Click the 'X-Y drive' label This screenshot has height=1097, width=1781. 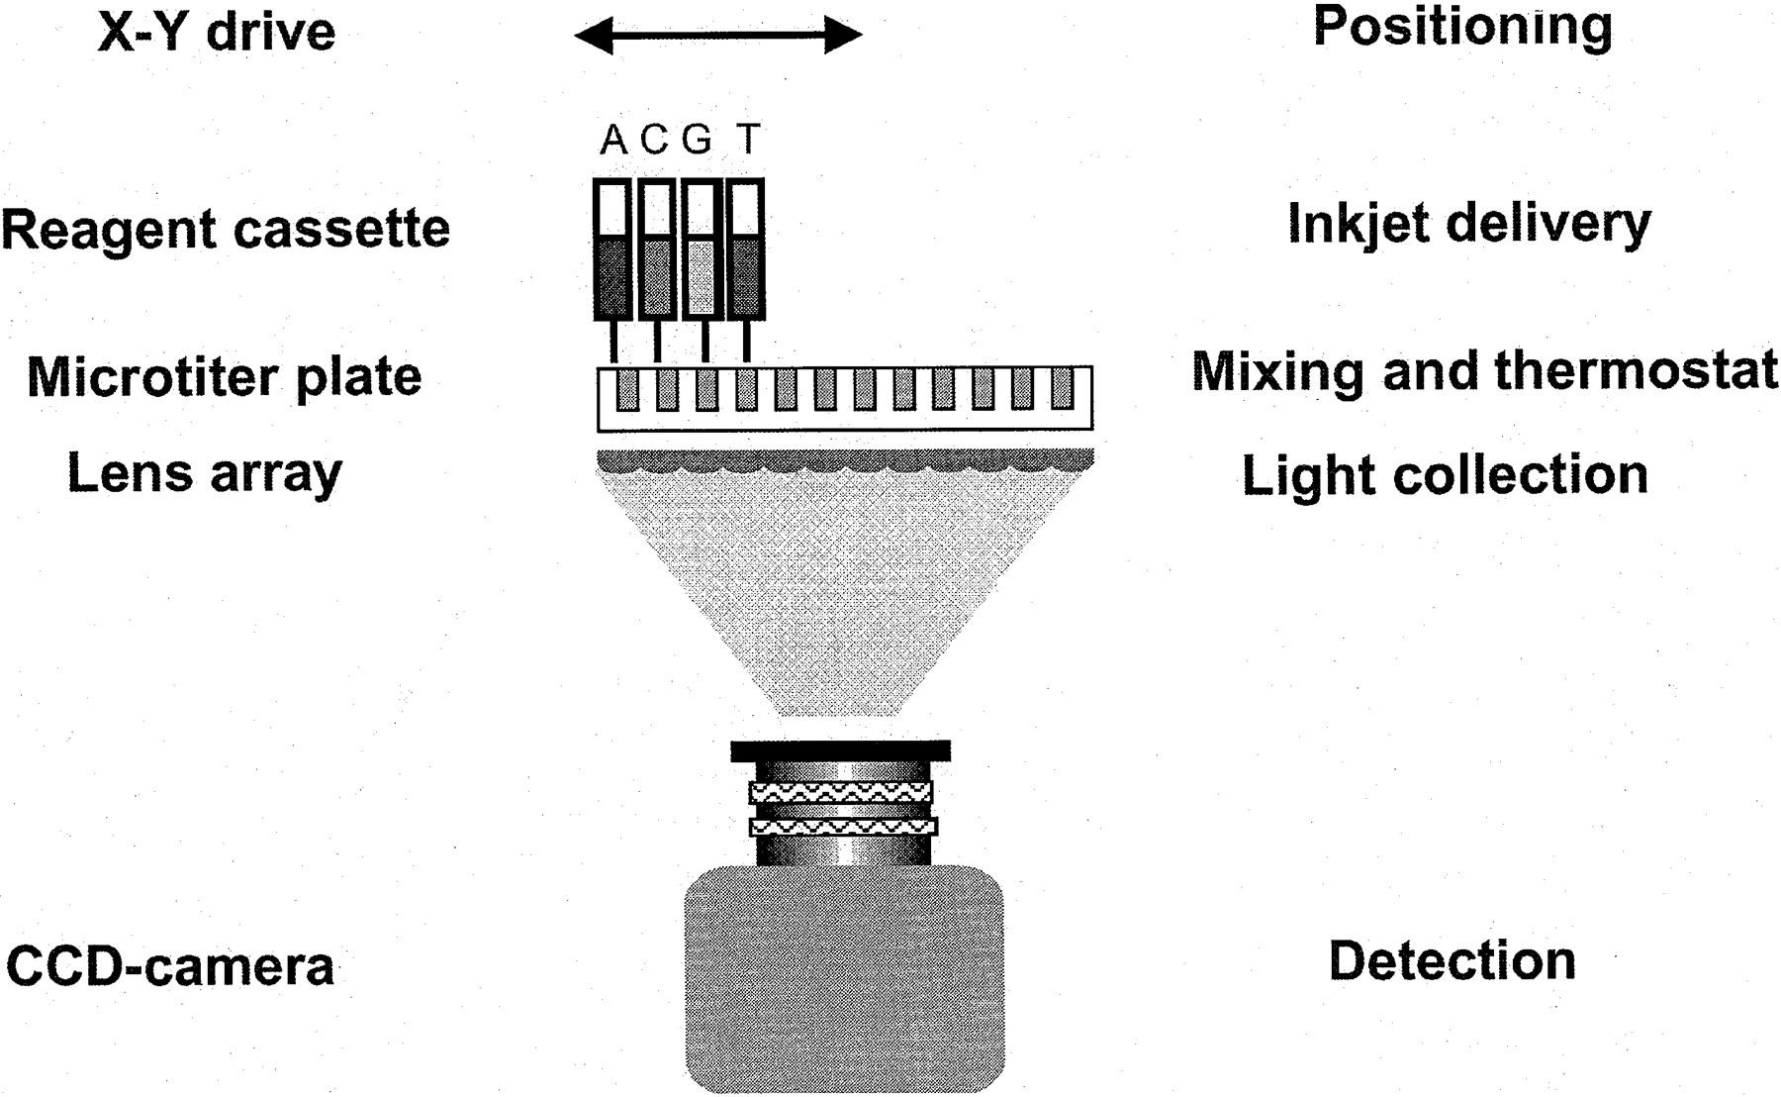(217, 32)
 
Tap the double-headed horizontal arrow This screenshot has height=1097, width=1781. (718, 36)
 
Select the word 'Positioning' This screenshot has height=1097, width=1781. (1462, 28)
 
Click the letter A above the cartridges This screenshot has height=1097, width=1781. (613, 141)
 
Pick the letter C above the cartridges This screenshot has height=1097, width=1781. (654, 141)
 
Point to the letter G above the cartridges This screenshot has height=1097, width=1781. (697, 141)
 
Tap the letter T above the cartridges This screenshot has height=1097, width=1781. (749, 141)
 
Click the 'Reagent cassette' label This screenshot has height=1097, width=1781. (226, 229)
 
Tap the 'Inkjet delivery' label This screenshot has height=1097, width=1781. (1469, 224)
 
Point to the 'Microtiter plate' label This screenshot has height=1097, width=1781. (225, 377)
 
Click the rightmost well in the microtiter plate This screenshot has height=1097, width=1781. (1062, 389)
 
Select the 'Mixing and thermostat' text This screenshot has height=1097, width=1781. (1484, 371)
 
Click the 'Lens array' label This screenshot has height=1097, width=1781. (205, 473)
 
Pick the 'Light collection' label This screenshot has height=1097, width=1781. (1445, 475)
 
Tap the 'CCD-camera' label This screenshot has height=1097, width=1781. (170, 966)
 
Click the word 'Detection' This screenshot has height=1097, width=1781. (1452, 961)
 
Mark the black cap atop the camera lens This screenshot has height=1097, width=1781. (840, 751)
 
